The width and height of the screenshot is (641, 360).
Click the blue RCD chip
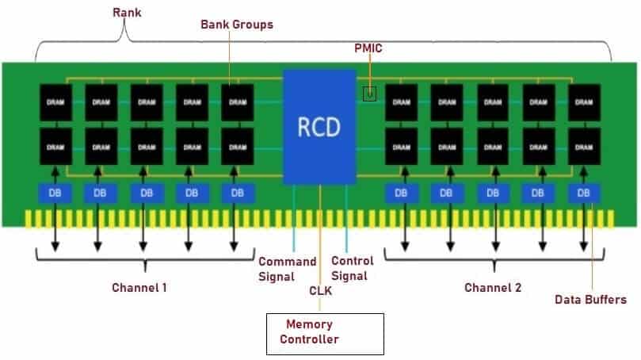319,126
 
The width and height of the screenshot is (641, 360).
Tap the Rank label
127,13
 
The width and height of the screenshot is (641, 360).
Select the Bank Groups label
237,25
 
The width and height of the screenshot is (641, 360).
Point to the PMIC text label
368,48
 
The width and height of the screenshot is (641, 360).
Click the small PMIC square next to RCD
369,94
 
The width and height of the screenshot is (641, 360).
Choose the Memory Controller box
325,334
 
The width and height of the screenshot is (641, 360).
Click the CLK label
320,291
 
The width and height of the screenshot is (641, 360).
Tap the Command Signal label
288,269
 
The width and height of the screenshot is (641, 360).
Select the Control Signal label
353,268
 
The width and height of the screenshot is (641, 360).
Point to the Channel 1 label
139,288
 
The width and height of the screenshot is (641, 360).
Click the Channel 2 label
493,288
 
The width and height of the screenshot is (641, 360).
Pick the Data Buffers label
590,300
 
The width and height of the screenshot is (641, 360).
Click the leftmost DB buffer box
55,193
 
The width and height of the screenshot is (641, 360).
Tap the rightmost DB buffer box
584,193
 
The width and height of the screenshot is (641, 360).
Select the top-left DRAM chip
56,102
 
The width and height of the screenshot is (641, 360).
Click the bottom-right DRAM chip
584,147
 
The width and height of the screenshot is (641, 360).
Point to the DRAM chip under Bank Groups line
238,102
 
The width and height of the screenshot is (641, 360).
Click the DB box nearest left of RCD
238,193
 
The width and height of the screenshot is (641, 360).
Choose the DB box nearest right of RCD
401,193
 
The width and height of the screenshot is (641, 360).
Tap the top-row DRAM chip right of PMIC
402,102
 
